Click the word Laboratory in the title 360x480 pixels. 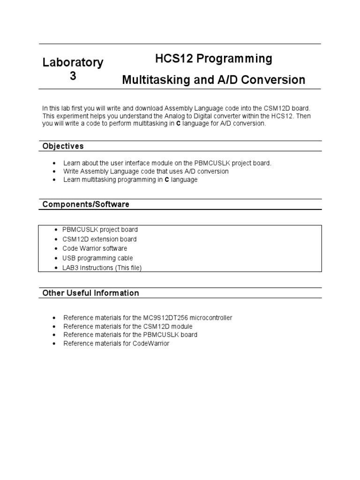tap(73, 63)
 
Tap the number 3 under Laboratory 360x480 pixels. tap(73, 76)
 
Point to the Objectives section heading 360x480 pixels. tap(63, 146)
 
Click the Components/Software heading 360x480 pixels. tap(86, 204)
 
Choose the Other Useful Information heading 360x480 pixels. tap(90, 293)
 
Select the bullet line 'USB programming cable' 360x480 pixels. tap(97, 258)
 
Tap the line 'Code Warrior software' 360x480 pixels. tap(95, 248)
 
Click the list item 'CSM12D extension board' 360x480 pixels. tap(100, 239)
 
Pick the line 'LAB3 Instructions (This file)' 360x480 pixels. tap(102, 268)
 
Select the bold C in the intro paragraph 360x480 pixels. tap(178, 124)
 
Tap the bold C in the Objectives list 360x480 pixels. tap(166, 180)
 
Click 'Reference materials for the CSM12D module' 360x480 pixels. tap(128, 326)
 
